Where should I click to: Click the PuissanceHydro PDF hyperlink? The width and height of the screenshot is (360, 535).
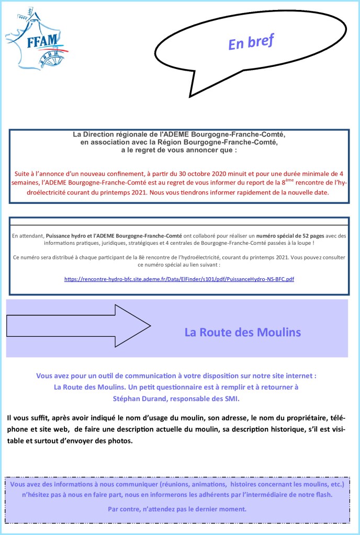click(x=179, y=279)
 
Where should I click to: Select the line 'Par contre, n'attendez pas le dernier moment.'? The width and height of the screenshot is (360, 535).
click(x=177, y=509)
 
